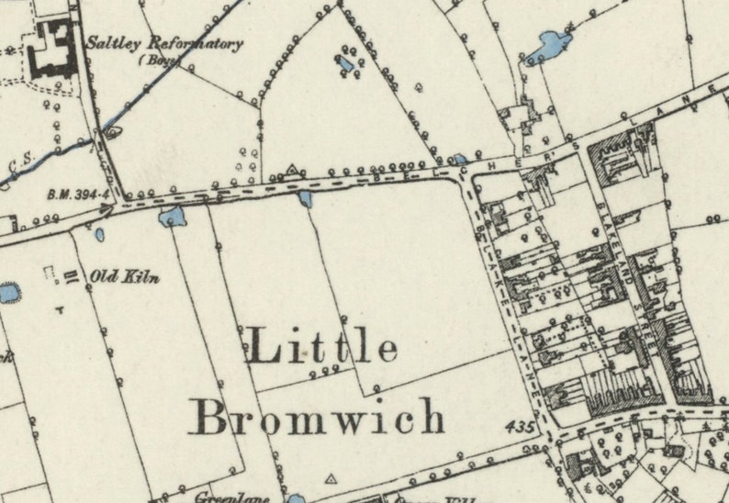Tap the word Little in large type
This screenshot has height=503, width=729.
pyautogui.click(x=322, y=349)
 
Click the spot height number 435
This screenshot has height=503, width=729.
pyautogui.click(x=518, y=428)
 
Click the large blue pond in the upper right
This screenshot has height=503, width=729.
pyautogui.click(x=551, y=43)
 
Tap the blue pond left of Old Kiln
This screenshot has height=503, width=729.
pyautogui.click(x=8, y=294)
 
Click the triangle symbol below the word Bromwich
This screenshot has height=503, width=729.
pyautogui.click(x=331, y=478)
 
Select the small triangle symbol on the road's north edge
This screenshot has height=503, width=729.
pyautogui.click(x=293, y=170)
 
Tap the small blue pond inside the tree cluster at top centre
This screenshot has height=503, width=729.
pyautogui.click(x=345, y=63)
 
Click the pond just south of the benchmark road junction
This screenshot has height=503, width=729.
pyautogui.click(x=171, y=218)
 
